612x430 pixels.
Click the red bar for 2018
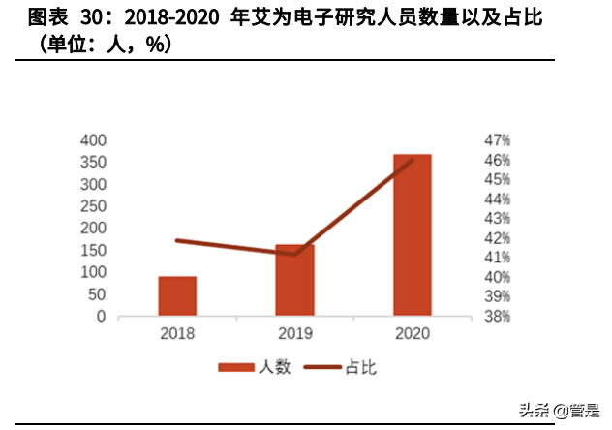(177, 296)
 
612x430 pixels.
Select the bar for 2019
(294, 280)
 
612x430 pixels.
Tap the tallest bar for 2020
(412, 235)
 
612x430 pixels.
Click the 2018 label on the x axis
(177, 333)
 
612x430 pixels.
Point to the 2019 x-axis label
(294, 333)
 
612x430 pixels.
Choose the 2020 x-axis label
(412, 333)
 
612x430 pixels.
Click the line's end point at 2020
(413, 160)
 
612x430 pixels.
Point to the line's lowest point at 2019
(294, 254)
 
